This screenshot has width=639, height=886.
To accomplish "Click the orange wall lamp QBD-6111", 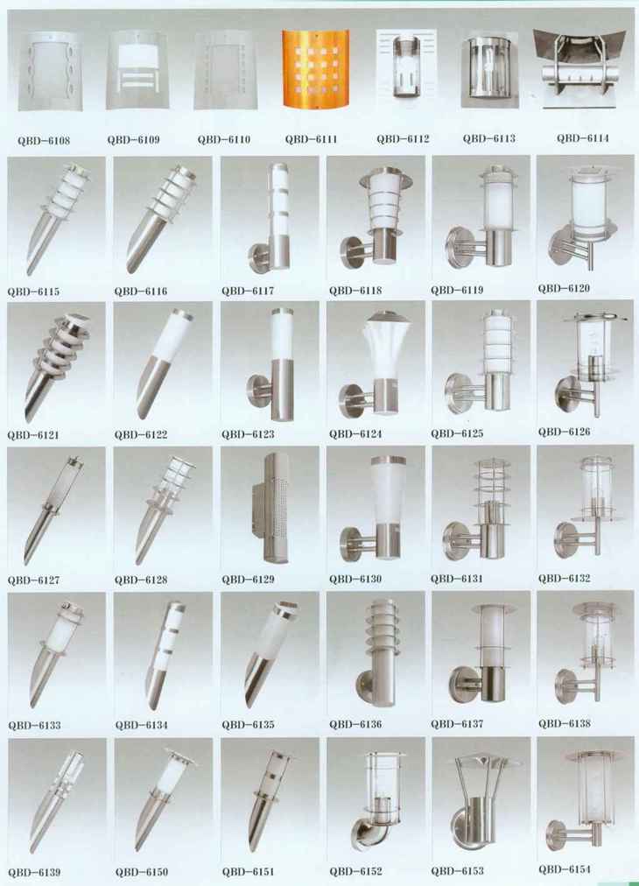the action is [316, 68].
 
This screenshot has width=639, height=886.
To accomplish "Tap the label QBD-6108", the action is [44, 141].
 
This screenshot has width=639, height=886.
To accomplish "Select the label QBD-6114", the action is [582, 137].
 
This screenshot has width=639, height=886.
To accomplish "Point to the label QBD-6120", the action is [564, 289].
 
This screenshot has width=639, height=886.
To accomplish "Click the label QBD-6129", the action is [248, 580].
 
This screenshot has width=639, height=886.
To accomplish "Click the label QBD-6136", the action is [355, 724].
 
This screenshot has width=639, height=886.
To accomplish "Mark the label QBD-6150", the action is [141, 872].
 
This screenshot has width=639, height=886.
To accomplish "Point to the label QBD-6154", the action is [565, 869].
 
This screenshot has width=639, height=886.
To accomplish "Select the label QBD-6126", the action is [564, 432].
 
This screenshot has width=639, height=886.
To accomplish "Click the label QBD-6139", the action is [34, 873].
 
